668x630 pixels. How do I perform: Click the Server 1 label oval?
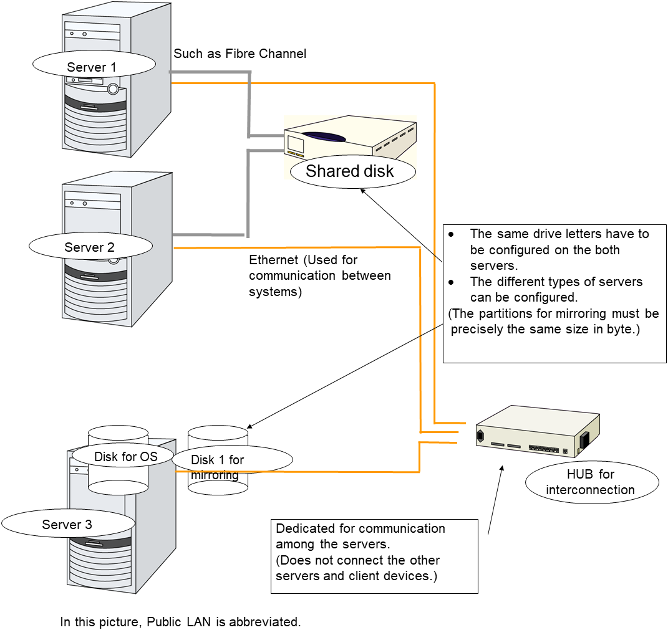(92, 67)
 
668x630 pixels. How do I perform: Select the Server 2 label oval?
(90, 247)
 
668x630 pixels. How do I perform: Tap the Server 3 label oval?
(67, 525)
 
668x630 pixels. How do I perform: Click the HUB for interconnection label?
(591, 482)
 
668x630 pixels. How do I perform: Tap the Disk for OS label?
(125, 457)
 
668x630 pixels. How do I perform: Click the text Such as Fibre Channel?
(240, 54)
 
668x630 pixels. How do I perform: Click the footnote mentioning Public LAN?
(181, 622)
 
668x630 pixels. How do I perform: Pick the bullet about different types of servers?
(555, 290)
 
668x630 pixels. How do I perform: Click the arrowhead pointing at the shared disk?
(362, 192)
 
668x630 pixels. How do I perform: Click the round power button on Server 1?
(113, 88)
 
